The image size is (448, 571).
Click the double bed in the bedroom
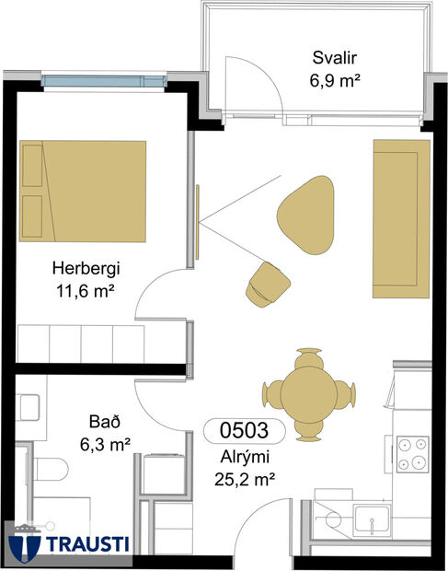[83, 191]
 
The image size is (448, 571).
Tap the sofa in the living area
[401, 219]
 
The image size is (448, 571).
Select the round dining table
[308, 390]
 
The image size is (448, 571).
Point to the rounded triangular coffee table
[306, 214]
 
